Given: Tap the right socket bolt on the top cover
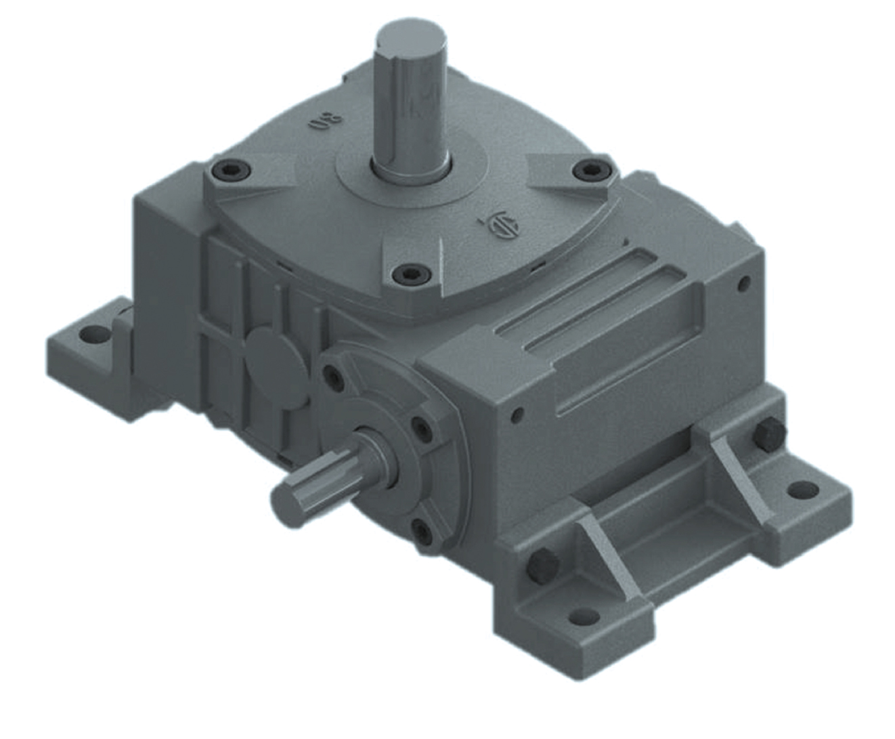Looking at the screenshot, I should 590,171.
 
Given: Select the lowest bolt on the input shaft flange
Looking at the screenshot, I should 422,531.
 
